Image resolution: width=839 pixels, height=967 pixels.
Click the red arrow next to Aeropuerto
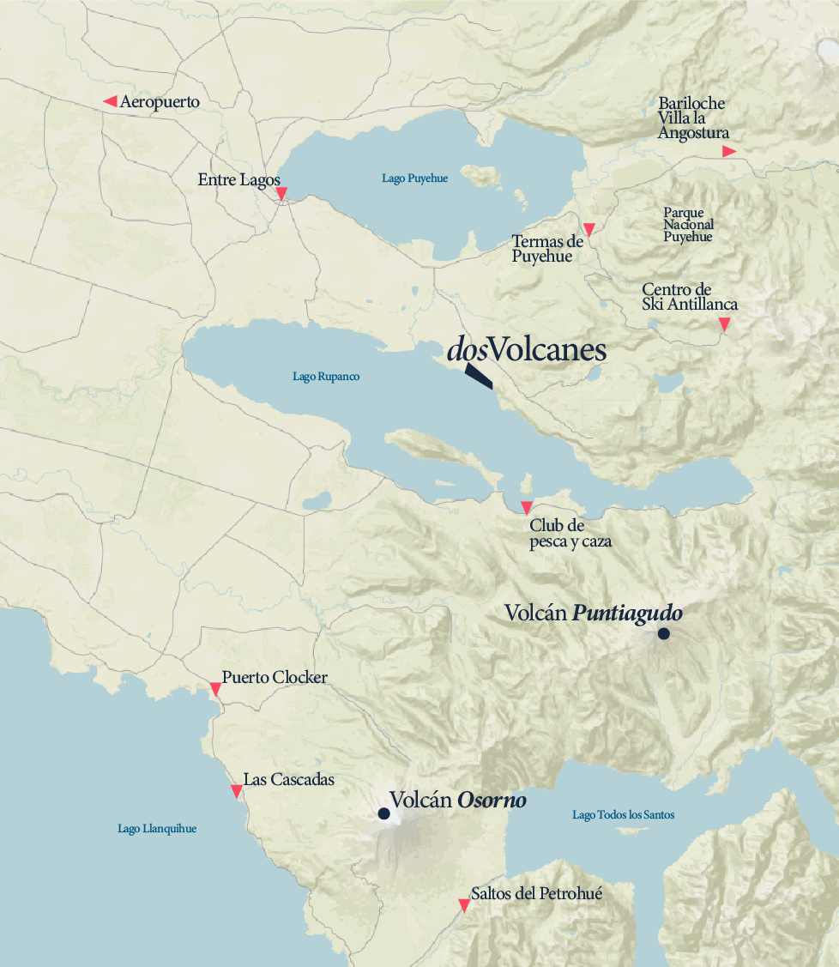(110, 101)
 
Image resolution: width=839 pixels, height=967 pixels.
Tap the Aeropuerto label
(160, 102)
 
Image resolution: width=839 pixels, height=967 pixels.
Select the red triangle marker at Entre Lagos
(281, 194)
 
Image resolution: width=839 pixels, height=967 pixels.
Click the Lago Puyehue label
(414, 178)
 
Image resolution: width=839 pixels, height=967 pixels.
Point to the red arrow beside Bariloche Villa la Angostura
(728, 151)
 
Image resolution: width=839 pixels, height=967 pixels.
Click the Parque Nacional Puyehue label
(687, 225)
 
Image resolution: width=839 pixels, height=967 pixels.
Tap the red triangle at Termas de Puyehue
(589, 229)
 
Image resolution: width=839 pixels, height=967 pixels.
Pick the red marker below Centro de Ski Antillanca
(724, 323)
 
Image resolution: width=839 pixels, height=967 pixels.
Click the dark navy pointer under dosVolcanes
(479, 377)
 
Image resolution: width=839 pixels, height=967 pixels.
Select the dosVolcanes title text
(526, 350)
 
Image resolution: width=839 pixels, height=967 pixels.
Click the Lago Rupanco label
(326, 377)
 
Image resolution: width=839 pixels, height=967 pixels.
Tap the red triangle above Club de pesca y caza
(527, 507)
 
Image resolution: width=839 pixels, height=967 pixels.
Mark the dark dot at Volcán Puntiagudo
(663, 634)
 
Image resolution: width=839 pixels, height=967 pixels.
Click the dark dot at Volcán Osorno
(383, 813)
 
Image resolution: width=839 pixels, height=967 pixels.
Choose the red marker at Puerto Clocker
(215, 689)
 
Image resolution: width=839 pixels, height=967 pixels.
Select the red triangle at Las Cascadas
(237, 791)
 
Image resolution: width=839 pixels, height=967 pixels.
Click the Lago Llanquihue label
(157, 829)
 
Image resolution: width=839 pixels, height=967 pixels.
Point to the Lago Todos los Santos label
(623, 814)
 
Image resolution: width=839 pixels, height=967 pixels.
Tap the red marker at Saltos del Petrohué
(464, 904)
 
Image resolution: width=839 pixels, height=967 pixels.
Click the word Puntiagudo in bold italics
(627, 613)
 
